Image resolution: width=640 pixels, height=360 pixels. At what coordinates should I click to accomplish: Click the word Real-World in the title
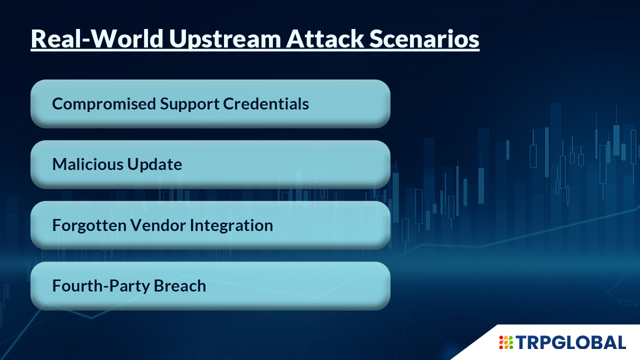[97, 38]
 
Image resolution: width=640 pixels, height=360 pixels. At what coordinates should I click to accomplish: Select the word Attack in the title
[325, 38]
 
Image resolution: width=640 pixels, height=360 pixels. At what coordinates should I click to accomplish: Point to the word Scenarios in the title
[424, 38]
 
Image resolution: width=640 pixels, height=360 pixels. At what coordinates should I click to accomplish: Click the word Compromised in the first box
[103, 104]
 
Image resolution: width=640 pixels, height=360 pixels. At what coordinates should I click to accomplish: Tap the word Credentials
[266, 103]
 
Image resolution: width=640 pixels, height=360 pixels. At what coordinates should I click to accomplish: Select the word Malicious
[87, 164]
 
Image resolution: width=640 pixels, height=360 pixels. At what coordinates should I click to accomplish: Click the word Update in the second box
[154, 165]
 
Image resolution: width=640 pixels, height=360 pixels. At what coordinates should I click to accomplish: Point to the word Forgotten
[89, 225]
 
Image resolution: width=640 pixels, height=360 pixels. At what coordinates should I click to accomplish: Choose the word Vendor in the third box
[158, 225]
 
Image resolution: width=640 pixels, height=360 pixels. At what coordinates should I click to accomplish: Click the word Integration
[231, 225]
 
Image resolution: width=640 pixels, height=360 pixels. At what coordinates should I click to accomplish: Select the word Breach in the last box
[180, 285]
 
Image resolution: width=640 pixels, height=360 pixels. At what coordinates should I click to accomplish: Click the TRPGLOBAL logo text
[571, 342]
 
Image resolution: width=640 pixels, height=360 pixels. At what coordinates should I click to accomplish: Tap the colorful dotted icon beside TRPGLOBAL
[506, 342]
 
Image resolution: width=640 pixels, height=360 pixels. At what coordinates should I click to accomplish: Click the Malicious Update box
[210, 164]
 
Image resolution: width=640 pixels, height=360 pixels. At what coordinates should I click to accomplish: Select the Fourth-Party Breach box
[210, 286]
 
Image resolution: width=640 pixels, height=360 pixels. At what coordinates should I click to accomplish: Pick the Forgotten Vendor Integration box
[210, 225]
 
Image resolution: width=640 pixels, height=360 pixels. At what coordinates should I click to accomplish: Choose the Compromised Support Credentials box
[210, 103]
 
